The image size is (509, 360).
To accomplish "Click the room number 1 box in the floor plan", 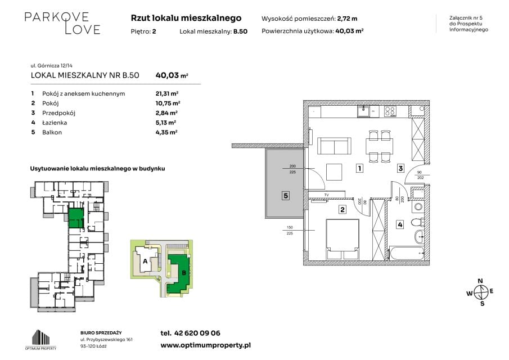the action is click(359, 168).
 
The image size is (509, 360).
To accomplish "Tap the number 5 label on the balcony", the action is click(286, 196).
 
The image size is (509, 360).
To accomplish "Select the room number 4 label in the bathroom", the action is click(400, 224).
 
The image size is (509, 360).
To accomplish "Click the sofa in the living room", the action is click(334, 146).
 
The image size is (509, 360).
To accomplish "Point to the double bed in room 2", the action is click(343, 239).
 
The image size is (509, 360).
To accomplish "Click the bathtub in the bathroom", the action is click(407, 253).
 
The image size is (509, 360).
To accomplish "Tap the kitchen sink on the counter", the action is click(363, 111).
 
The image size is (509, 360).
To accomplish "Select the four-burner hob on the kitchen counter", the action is click(390, 111).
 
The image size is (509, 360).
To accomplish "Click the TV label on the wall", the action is click(327, 195).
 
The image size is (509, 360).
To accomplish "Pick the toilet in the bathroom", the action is click(417, 222).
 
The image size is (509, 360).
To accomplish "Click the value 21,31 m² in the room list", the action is click(167, 93).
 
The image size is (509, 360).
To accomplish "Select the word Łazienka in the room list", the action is click(55, 123).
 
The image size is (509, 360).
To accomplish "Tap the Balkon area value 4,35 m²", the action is click(166, 132).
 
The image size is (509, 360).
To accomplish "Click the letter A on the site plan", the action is click(145, 261).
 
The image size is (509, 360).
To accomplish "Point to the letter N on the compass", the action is click(480, 281).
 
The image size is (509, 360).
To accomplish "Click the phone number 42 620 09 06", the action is click(197, 333).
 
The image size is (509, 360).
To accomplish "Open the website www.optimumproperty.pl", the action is click(205, 345).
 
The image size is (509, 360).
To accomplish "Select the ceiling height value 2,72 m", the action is click(347, 19).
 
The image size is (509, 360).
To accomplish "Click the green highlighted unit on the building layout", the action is click(76, 218).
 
